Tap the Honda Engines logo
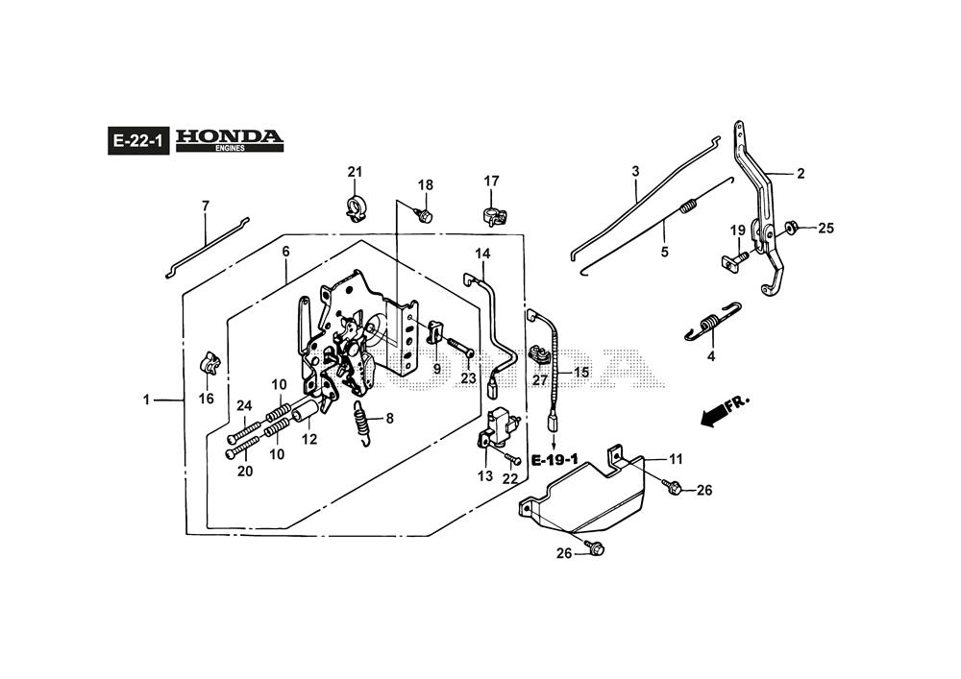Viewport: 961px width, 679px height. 230,140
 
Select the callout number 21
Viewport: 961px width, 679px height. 355,172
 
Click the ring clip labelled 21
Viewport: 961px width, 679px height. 357,206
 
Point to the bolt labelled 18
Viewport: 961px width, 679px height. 424,215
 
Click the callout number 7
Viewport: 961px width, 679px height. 205,206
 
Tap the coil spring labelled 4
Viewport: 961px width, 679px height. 713,322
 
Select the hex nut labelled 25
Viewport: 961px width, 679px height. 791,228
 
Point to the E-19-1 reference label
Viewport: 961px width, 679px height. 553,459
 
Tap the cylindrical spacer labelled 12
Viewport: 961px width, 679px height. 306,415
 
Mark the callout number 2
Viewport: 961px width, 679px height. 801,174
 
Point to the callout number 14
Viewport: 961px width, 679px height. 482,254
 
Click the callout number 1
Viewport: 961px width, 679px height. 146,399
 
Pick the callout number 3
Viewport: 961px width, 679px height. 635,171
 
